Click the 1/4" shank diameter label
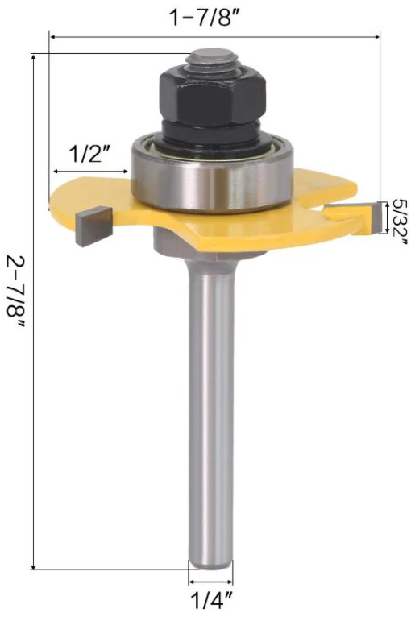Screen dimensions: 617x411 click(x=211, y=600)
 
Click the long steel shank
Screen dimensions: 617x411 click(x=211, y=403)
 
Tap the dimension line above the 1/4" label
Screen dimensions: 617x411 click(x=211, y=582)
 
